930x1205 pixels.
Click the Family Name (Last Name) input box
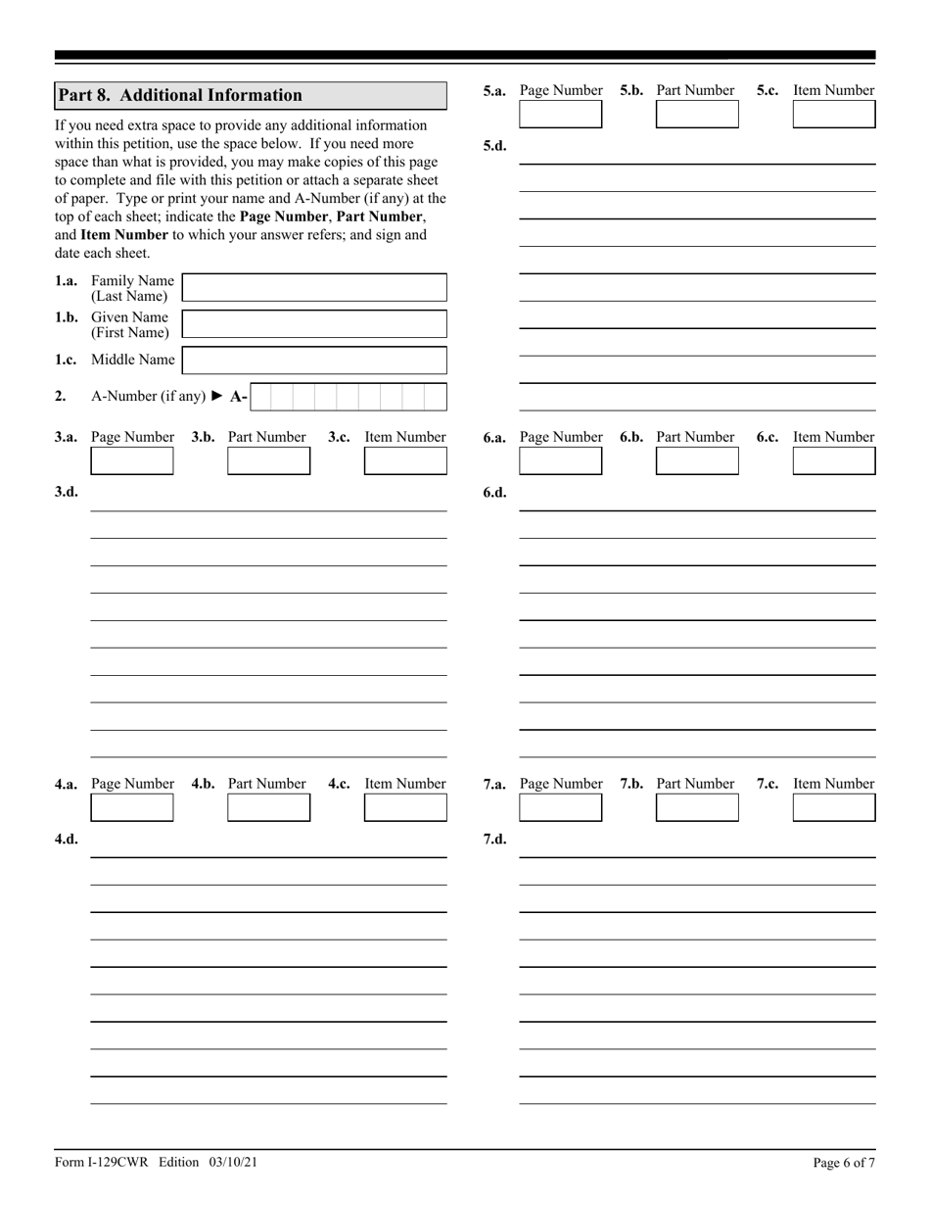coord(314,288)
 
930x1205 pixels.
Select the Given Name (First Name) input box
coord(314,324)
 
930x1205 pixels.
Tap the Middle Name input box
coord(314,361)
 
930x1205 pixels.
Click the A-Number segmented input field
coord(348,397)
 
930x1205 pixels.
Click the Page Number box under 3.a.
coord(132,461)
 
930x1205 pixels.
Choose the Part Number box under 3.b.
coord(268,461)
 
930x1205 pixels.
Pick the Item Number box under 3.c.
coord(405,461)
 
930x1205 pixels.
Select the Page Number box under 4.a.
coord(132,807)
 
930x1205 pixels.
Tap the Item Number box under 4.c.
coord(405,807)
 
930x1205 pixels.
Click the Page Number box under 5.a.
coord(561,115)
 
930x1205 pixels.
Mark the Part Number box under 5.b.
coord(697,115)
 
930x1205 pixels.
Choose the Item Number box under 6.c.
coord(833,461)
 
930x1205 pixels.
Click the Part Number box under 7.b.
coord(697,807)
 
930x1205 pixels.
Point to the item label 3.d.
coord(67,492)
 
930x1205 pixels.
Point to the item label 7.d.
coord(495,839)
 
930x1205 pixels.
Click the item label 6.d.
coord(495,492)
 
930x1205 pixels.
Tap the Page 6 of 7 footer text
coord(844,1163)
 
